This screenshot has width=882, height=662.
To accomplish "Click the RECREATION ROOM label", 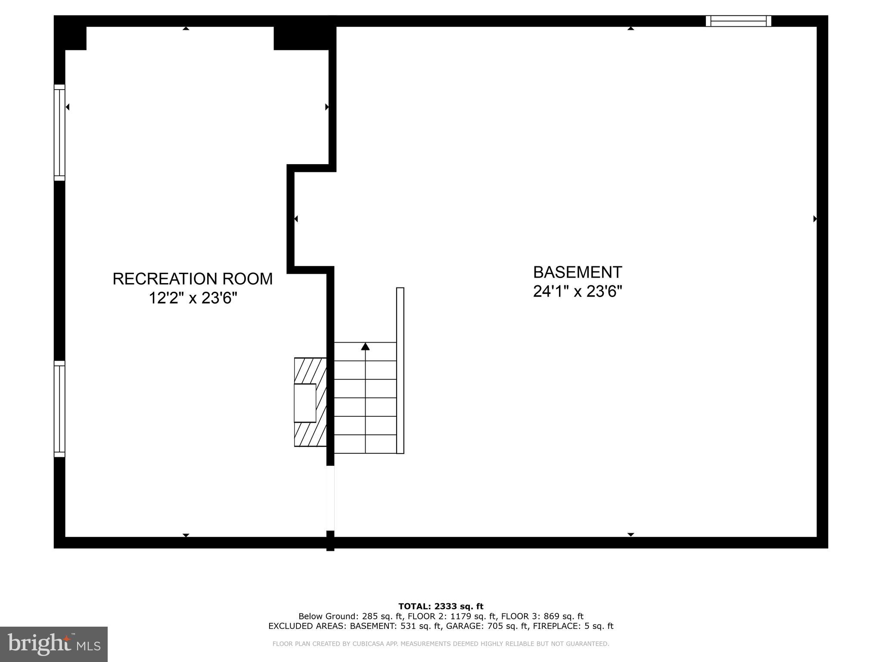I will click(x=193, y=279).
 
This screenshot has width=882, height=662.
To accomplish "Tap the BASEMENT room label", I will click(x=578, y=272).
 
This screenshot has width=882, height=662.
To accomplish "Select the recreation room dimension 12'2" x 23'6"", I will click(x=193, y=298).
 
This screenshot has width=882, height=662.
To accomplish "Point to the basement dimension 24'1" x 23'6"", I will click(x=578, y=292).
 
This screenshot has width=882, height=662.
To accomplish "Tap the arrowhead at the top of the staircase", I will click(x=365, y=346).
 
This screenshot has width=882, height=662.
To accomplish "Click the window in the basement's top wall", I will click(x=738, y=21).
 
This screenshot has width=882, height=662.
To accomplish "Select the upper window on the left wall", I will click(x=59, y=132).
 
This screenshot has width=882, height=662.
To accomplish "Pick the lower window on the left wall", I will click(x=59, y=409).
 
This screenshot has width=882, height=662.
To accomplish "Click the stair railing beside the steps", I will click(x=400, y=370).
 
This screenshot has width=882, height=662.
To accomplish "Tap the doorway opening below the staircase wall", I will click(x=330, y=498).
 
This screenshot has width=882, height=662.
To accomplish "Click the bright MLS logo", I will click(x=54, y=644).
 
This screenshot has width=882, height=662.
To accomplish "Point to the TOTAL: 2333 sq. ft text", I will click(x=441, y=607).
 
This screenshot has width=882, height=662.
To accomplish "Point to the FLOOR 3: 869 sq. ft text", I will click(x=542, y=616).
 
